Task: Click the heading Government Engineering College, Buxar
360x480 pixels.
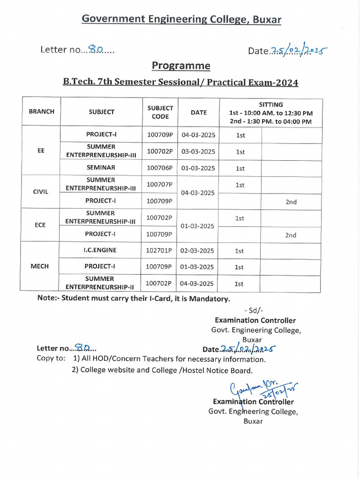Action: click(181, 19)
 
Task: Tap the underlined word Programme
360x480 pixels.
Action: click(181, 66)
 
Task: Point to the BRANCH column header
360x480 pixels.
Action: click(41, 112)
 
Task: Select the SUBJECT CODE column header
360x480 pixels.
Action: click(160, 112)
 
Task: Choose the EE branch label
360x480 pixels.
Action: click(41, 151)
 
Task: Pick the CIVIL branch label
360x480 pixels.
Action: click(40, 192)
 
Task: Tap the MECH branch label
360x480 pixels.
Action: click(40, 266)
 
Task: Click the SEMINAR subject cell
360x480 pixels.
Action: click(101, 167)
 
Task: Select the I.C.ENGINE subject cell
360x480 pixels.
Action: click(100, 250)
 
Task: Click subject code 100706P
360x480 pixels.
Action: click(160, 168)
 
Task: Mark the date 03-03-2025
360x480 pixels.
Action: click(198, 151)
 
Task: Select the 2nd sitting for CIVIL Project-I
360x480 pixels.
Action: click(291, 202)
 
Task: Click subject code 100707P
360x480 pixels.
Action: click(159, 185)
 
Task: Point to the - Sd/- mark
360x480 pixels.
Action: click(254, 310)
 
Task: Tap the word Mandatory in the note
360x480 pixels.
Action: click(209, 299)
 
